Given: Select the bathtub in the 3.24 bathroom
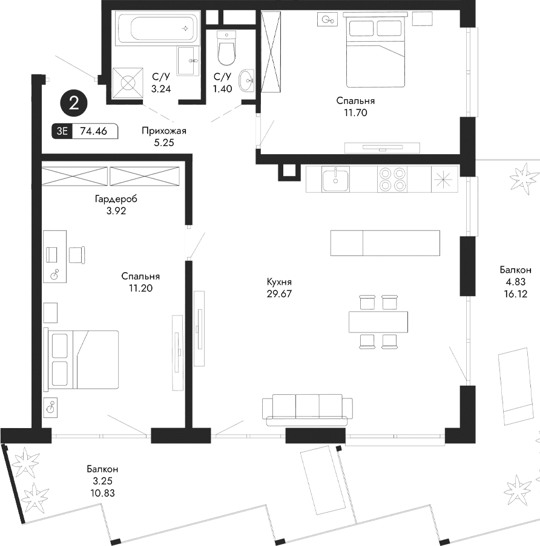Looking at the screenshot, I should pos(156,28).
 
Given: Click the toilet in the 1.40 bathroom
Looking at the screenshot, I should pos(225,49).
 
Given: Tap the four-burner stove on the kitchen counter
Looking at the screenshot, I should pos(392,179).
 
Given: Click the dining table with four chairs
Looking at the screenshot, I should pos(378,321).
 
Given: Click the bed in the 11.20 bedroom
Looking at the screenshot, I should pos(81,360).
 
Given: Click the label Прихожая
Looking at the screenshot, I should pos(163,131).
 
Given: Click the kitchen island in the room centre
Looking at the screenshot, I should pos(385,243).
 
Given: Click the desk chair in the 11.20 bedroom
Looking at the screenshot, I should pos(77,255).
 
